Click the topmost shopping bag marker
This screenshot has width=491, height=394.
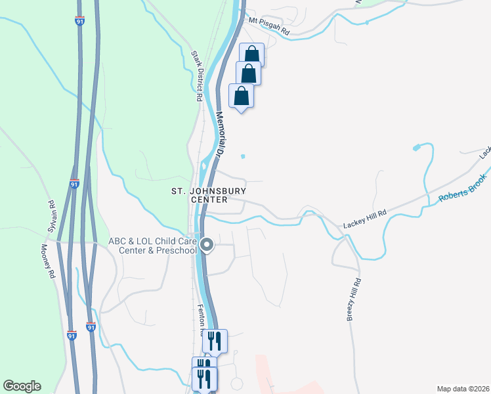pyautogui.click(x=252, y=55)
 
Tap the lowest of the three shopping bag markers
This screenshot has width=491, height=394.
pyautogui.click(x=242, y=95)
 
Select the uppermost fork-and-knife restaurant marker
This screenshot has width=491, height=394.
pyautogui.click(x=214, y=341)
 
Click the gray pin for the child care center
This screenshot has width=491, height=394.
pyautogui.click(x=207, y=246)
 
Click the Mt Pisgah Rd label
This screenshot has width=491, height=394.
pyautogui.click(x=269, y=25)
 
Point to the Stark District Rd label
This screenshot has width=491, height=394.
pyautogui.click(x=196, y=76)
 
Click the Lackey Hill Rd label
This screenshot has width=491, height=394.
pyautogui.click(x=364, y=221)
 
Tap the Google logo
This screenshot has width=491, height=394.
pyautogui.click(x=22, y=385)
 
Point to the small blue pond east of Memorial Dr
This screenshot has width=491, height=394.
pyautogui.click(x=243, y=156)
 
